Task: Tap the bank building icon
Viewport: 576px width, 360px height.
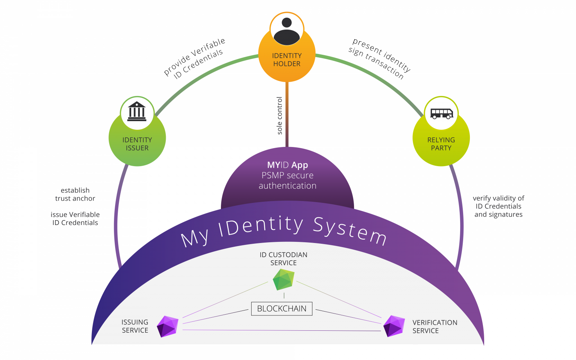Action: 137,112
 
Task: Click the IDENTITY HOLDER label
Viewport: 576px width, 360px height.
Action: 287,60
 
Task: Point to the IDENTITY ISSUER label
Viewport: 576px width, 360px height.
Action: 137,144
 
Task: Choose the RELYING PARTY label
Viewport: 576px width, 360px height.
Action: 441,144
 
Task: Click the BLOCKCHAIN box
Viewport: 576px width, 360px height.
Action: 282,309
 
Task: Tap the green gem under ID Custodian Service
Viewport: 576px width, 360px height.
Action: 283,280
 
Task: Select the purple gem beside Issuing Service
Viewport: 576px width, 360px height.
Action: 167,326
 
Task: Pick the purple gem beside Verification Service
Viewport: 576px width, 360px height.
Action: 394,325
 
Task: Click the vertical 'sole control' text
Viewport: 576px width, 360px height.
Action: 280,115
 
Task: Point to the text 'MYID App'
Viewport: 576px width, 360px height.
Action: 288,165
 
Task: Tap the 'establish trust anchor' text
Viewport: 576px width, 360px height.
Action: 75,194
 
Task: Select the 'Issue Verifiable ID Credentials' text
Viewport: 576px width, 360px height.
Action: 75,219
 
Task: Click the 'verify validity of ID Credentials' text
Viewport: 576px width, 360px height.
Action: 498,206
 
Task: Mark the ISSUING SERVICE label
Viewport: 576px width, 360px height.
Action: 135,326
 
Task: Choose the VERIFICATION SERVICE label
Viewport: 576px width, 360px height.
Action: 435,327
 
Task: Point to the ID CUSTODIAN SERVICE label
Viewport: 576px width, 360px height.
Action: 283,259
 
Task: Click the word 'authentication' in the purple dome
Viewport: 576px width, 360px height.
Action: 288,186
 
